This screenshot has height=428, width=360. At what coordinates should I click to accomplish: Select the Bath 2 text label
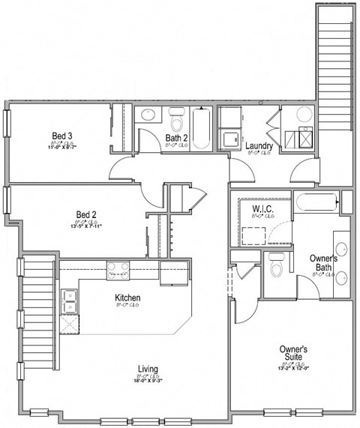[177, 137]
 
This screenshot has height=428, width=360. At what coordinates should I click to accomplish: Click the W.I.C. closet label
[262, 209]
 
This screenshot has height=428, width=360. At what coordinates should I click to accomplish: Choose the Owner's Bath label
[323, 262]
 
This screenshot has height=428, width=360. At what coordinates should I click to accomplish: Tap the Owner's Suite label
[293, 353]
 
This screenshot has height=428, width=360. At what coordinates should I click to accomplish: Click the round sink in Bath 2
[147, 116]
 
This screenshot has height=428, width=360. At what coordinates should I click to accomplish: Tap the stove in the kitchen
[117, 267]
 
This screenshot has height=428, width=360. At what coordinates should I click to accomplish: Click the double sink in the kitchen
[70, 301]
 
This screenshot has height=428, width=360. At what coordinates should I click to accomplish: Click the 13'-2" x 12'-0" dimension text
[293, 367]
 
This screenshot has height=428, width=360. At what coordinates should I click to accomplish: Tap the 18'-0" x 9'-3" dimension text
[148, 380]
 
